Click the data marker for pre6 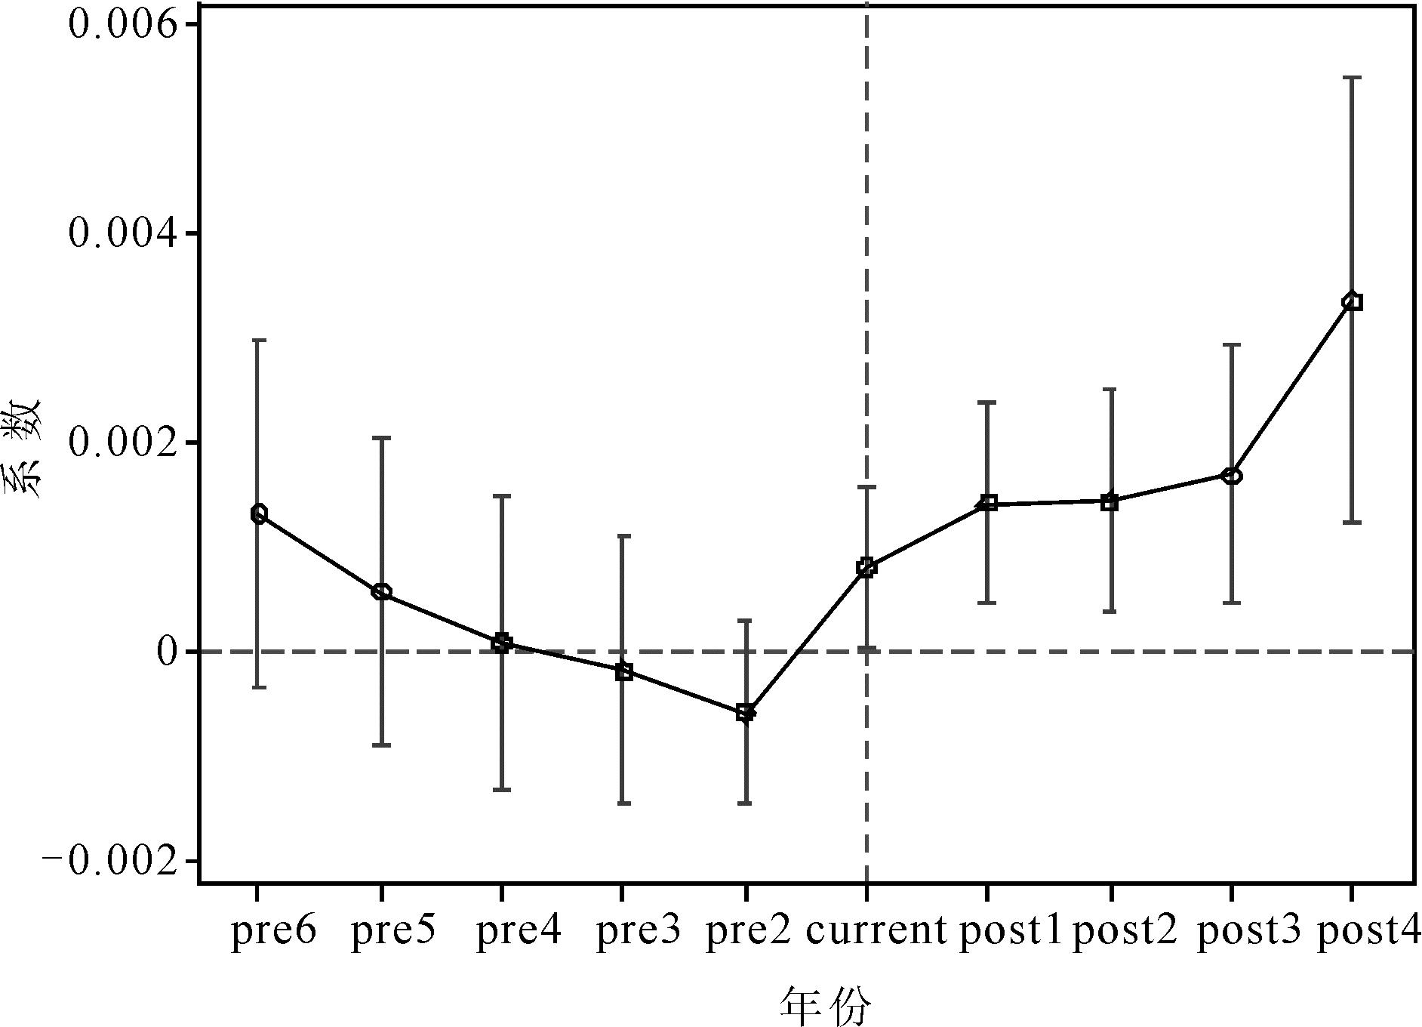coord(258,514)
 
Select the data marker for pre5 coord(381,592)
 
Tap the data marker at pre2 coord(745,712)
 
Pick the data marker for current coord(866,568)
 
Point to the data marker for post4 coord(1353,302)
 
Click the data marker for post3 coord(1232,476)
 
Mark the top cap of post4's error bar coord(1353,77)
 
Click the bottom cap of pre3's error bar coord(623,803)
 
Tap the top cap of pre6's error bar coord(258,341)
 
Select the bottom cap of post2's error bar coord(1110,612)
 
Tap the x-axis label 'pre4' coord(519,932)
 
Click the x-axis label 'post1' coord(1010,932)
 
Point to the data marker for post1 coord(988,504)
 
